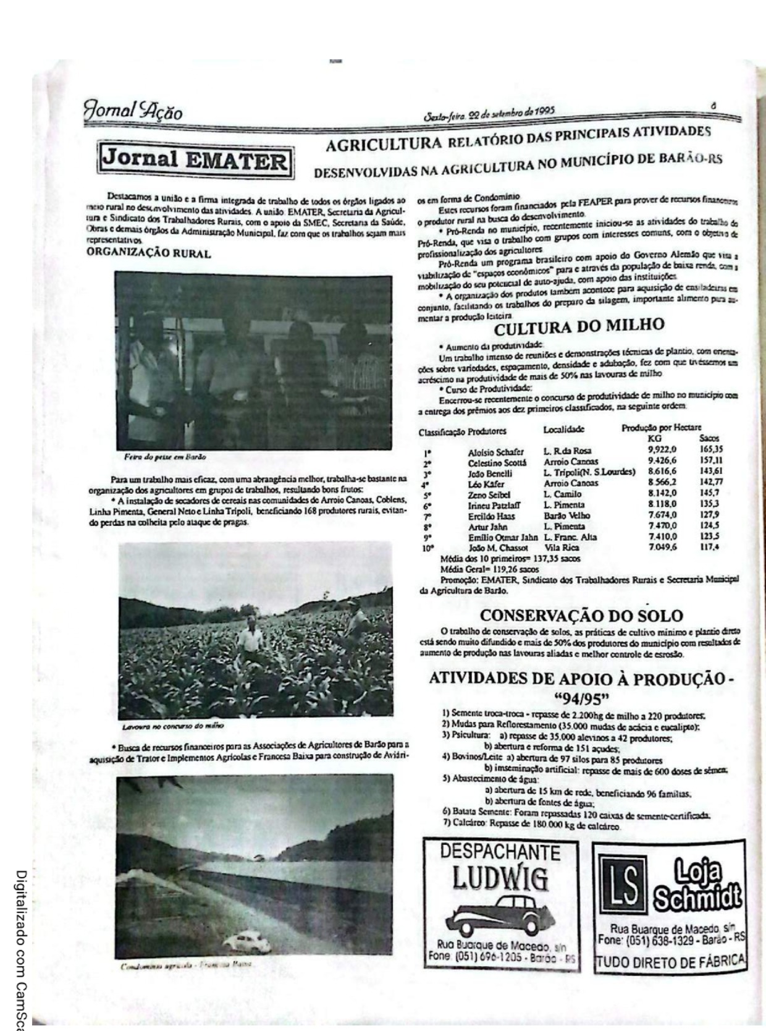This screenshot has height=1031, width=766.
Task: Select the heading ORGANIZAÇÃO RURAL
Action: click(148, 253)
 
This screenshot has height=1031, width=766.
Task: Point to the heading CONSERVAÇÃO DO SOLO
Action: click(581, 616)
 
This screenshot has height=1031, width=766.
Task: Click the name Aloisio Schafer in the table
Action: click(495, 452)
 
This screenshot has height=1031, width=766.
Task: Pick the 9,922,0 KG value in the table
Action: click(662, 449)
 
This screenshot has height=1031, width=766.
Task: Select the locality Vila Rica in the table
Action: click(562, 548)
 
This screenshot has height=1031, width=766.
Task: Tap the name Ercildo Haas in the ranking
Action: click(491, 515)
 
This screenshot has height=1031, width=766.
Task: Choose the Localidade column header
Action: click(563, 429)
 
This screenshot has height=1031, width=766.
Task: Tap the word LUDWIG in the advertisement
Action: click(500, 878)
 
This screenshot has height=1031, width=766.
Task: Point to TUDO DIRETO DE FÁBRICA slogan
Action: click(670, 962)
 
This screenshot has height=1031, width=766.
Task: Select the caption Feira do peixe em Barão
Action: click(165, 457)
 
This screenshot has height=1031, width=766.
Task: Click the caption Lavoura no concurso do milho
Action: click(173, 725)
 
